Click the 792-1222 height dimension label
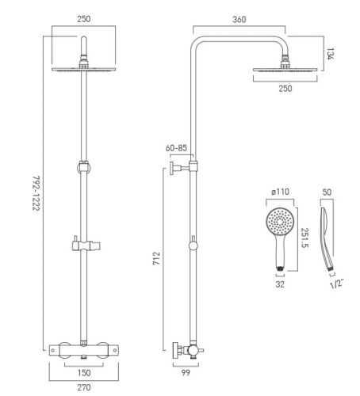tap(36, 193)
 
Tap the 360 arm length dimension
tap(239, 20)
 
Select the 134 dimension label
tap(330, 54)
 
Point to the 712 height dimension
tap(156, 258)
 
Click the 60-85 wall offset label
tap(176, 148)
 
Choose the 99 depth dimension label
tap(186, 373)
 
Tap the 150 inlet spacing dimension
tap(84, 373)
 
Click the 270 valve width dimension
tap(84, 387)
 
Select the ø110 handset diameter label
tap(280, 192)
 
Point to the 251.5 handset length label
tap(304, 238)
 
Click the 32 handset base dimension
tap(280, 284)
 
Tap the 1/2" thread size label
tap(336, 284)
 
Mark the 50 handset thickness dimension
tap(327, 192)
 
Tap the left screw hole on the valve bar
tap(53, 350)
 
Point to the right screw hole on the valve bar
tap(115, 350)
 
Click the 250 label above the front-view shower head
tap(84, 19)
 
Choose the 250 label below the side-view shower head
tap(285, 89)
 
